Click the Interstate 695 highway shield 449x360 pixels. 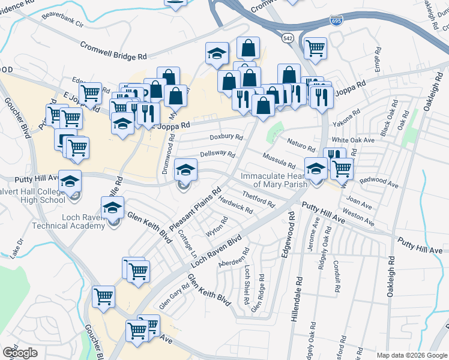click(337, 21)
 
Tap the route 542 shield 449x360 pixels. click(289, 38)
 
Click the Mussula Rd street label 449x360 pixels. click(279, 160)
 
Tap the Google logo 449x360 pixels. click(20, 352)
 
